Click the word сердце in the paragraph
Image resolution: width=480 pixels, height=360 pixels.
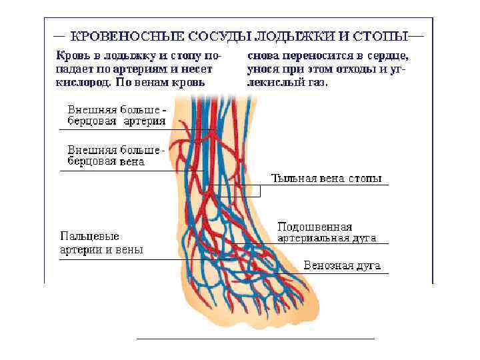click(x=387, y=56)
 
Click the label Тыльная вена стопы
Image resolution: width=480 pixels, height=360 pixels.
click(x=327, y=179)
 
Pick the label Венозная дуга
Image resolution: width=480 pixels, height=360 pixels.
click(x=342, y=265)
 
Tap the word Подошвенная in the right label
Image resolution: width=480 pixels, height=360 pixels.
click(x=314, y=227)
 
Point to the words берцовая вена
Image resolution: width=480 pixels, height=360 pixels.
click(x=107, y=161)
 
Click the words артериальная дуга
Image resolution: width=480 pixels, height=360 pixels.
click(x=327, y=237)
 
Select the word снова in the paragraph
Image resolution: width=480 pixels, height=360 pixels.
click(x=263, y=56)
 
